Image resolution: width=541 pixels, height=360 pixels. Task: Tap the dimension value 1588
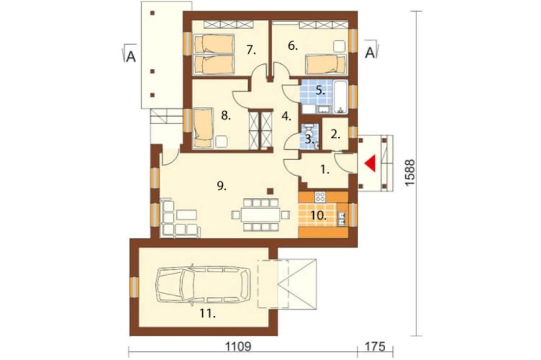point(410,173)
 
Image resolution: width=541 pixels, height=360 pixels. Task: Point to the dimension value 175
point(375,346)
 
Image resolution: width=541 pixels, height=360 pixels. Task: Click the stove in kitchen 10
point(320,197)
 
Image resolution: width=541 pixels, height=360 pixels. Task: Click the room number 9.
point(222,186)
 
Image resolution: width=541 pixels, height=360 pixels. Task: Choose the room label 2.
point(335,135)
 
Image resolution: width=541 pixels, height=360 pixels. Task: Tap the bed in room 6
point(325,64)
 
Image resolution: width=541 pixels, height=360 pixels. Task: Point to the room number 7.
point(252,50)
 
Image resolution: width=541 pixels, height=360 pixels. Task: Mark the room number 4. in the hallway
point(286,116)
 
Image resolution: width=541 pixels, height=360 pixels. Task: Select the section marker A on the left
point(130,55)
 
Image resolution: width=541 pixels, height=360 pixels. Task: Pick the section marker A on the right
point(371,52)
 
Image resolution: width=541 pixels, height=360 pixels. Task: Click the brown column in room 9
point(271,191)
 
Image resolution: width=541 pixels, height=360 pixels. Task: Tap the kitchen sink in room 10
point(341,218)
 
